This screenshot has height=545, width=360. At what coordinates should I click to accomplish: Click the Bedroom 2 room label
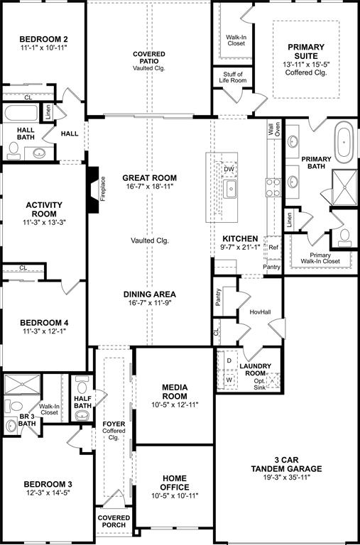(43, 39)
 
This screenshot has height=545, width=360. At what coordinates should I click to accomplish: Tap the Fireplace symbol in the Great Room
(92, 189)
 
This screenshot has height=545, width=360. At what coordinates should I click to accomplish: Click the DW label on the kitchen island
(229, 170)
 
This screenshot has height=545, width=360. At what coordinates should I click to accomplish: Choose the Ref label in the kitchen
(273, 248)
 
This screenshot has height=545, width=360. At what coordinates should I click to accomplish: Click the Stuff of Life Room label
(233, 78)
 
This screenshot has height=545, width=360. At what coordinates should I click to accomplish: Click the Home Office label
(174, 483)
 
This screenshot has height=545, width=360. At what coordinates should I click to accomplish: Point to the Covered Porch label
(114, 522)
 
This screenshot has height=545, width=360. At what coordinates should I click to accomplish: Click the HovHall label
(261, 312)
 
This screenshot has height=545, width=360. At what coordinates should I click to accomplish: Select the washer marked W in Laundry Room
(229, 379)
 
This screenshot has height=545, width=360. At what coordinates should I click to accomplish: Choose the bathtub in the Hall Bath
(21, 114)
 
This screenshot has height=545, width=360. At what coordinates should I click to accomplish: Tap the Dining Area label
(149, 294)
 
